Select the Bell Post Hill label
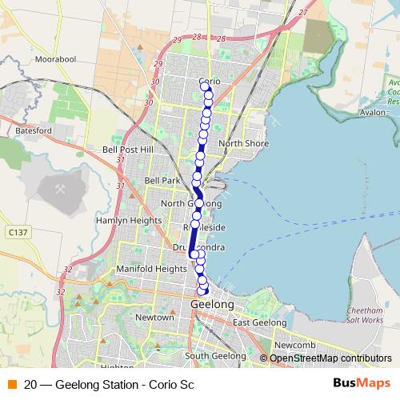click(x=127, y=150)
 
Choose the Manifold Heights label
click(x=151, y=269)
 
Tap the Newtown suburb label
click(x=154, y=317)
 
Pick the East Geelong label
click(x=259, y=322)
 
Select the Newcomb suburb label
click(x=288, y=345)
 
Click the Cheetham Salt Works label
click(x=366, y=314)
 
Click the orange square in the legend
click(x=11, y=384)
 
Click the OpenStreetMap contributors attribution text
click(x=330, y=358)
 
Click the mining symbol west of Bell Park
click(x=60, y=188)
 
